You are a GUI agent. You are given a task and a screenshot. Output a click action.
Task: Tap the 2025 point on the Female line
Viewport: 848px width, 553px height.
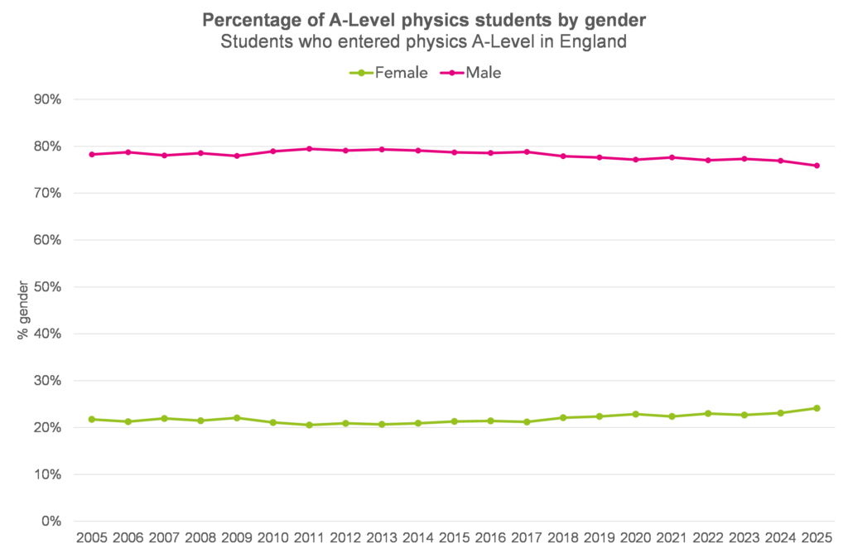817,408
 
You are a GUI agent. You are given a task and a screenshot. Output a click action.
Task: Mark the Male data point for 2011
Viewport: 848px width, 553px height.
309,149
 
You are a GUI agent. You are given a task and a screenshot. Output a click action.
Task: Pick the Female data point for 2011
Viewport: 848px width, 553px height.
309,425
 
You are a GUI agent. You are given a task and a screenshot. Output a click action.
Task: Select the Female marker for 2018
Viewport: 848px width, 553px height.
562,417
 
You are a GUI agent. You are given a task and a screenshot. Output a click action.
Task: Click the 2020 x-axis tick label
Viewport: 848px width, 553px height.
635,539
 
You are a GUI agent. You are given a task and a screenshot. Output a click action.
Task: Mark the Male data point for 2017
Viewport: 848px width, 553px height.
526,151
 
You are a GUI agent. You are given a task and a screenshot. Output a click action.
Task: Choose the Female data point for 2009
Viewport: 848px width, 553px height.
236,418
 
